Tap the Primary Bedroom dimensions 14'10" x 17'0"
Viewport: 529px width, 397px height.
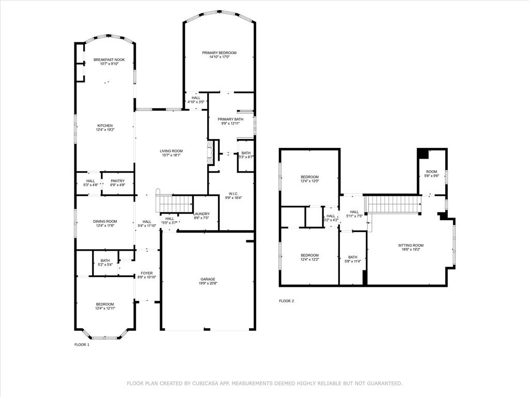(219, 57)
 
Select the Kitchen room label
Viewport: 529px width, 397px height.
(105, 126)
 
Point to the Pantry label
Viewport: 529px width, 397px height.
(118, 181)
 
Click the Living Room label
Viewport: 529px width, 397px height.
(171, 151)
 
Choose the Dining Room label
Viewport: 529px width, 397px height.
(105, 221)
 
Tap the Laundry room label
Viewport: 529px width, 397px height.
(201, 214)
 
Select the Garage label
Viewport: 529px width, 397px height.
(208, 279)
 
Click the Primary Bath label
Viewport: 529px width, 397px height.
(230, 119)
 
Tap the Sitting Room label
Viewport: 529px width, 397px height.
(411, 245)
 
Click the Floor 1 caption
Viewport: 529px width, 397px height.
(82, 344)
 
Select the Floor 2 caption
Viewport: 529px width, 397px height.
(286, 301)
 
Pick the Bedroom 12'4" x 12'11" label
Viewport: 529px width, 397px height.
(105, 304)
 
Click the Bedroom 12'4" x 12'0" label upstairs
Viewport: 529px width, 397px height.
(309, 177)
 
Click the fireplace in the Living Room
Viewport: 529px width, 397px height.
(209, 153)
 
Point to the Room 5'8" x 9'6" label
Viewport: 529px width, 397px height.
(431, 172)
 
